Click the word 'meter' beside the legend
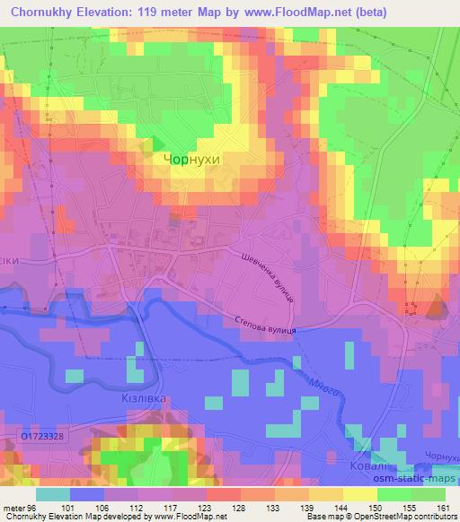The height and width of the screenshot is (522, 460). (13, 507)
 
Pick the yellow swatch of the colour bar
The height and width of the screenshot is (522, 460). (358, 493)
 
